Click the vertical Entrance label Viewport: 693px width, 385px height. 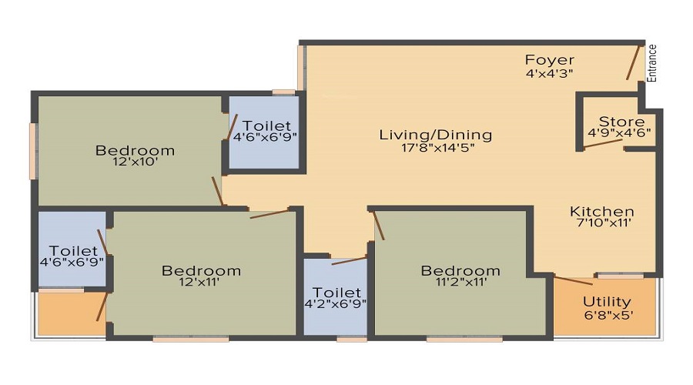652,63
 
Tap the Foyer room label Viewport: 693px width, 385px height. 550,60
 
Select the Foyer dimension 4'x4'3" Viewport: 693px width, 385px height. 550,73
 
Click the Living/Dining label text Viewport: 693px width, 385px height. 435,136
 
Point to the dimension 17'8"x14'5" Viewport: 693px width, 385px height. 435,149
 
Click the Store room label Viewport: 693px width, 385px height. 621,122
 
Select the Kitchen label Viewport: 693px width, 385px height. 601,212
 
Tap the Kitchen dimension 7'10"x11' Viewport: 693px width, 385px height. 601,225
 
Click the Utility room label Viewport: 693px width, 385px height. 607,302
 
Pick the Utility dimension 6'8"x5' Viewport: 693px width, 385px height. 607,315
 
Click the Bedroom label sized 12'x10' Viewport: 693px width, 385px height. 135,150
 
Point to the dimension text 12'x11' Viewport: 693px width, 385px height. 201,283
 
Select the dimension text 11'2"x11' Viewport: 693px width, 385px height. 460,283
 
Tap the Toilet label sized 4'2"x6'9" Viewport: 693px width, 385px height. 337,293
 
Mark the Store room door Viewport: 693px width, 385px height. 603,144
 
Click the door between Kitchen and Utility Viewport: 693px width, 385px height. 574,280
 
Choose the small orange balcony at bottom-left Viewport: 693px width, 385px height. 71,313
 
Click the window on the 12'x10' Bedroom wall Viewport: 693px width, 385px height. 34,150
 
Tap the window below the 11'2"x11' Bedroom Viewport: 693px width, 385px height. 464,338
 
